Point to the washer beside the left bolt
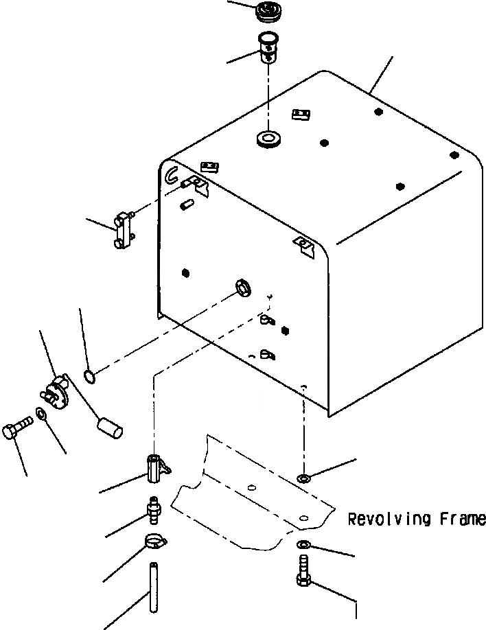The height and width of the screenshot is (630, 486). pyautogui.click(x=40, y=414)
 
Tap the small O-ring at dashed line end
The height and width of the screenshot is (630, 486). pyautogui.click(x=89, y=375)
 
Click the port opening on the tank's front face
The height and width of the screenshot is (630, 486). pyautogui.click(x=242, y=286)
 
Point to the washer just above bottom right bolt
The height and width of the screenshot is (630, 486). pyautogui.click(x=303, y=544)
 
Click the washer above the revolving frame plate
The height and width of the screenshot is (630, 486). pyautogui.click(x=303, y=478)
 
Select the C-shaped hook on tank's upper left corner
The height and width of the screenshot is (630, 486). pyautogui.click(x=171, y=175)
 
